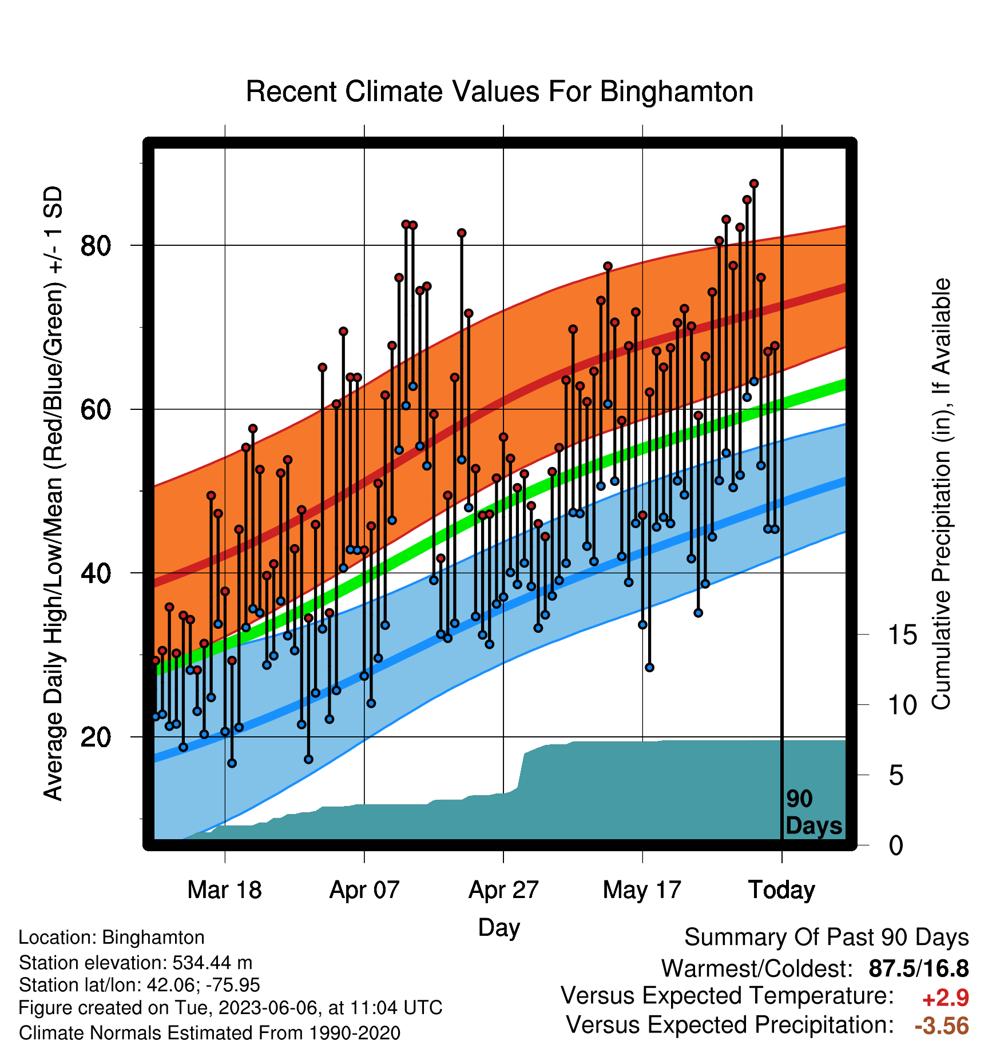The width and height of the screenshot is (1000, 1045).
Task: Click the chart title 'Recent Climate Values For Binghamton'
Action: tap(499, 91)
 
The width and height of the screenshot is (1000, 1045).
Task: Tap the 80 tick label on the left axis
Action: tap(95, 246)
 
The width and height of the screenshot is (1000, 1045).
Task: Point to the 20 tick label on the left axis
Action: tap(95, 737)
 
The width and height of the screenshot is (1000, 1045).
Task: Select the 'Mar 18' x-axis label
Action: tap(224, 890)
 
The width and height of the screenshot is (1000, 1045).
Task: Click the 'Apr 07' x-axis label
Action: tap(364, 890)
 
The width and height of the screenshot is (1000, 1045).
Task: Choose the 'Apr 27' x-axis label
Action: tap(503, 890)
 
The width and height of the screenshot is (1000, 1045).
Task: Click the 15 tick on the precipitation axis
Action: tap(903, 635)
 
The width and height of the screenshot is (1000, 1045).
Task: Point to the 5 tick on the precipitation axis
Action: tap(896, 776)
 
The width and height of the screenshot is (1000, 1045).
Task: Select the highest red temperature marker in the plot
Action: tap(754, 184)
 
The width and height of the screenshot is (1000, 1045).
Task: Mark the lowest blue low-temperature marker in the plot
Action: tap(232, 763)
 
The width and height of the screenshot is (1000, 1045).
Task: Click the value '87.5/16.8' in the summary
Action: tap(919, 968)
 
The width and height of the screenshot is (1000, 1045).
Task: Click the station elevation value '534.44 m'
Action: tap(212, 963)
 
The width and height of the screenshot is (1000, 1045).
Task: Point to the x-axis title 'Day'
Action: tap(499, 928)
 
